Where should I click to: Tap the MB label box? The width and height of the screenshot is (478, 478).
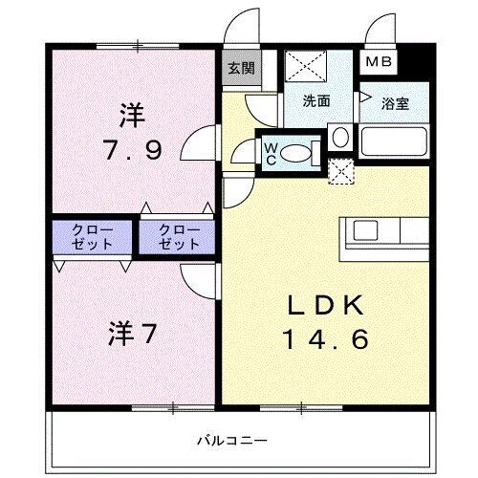pos(379,62)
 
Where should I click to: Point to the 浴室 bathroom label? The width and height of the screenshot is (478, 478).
pos(396,104)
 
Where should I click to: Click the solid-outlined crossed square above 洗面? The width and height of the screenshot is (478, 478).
pos(307,67)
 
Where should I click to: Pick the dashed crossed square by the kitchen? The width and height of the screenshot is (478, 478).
pos(339,171)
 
